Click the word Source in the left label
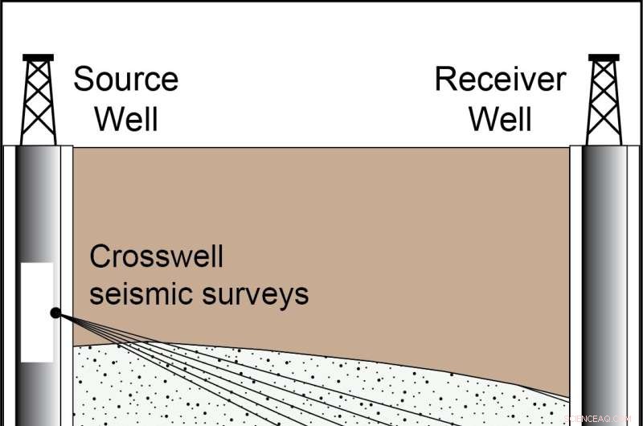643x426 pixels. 125,80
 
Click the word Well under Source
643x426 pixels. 126,119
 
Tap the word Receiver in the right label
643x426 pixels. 500,80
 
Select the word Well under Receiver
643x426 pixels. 500,119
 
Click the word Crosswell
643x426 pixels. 156,257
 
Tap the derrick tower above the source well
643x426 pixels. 39,100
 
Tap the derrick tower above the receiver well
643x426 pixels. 604,100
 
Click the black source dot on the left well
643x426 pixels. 55,313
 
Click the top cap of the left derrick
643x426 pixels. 39,57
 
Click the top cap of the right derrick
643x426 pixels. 604,57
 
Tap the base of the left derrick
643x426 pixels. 39,141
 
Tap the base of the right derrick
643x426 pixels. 604,141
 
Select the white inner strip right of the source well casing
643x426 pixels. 66,241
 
